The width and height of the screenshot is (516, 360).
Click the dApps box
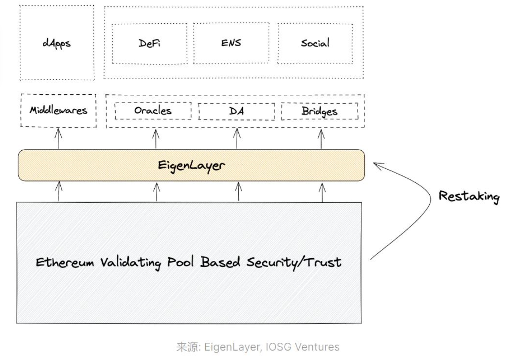57,43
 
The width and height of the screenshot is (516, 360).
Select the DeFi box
149,43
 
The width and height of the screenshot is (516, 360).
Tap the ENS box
231,43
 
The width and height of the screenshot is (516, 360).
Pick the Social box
315,43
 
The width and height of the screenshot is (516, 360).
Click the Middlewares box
58,110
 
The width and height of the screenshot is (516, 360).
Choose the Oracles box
153,111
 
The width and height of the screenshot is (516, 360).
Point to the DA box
236,111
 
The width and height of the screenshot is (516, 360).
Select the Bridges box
319,111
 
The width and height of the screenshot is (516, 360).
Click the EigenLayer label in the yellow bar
191,166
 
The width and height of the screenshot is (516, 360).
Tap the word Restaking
469,196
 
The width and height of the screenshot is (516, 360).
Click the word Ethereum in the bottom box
65,263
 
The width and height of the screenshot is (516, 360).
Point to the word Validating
130,263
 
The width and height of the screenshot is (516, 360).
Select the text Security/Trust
293,263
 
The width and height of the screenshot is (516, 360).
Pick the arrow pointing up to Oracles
156,139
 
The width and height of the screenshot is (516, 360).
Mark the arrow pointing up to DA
237,139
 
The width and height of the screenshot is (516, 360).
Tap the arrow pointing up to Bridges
321,139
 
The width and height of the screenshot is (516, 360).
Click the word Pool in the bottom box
182,263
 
